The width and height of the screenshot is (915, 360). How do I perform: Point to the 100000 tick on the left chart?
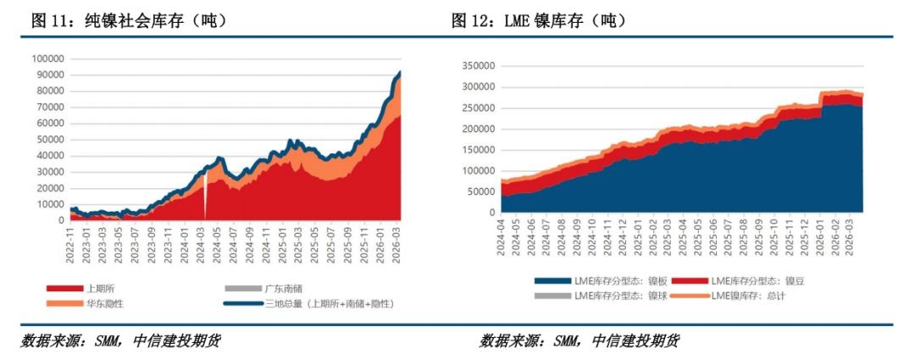tap(47, 58)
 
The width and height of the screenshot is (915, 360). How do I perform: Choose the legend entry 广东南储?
tap(274, 288)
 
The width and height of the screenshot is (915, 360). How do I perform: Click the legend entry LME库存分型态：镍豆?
tap(749, 280)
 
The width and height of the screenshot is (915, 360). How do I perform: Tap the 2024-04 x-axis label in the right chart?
tap(502, 232)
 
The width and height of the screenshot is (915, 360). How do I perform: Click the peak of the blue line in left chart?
tap(400, 73)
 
